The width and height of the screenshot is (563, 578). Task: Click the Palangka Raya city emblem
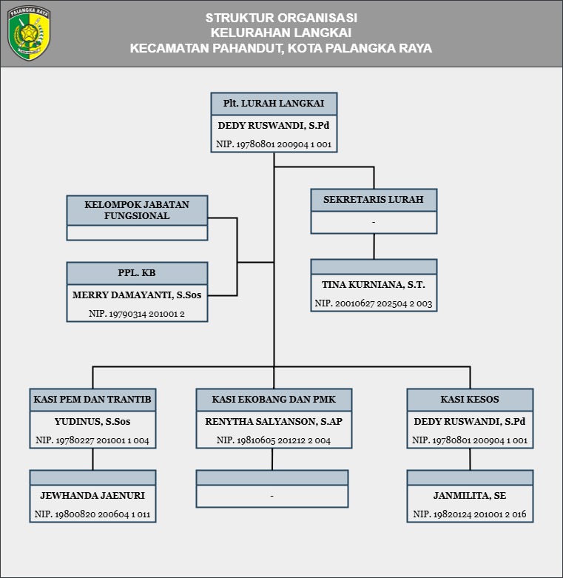click(x=29, y=33)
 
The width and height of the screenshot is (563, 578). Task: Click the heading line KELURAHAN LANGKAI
click(x=281, y=33)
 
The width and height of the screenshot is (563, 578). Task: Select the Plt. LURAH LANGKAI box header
click(x=274, y=104)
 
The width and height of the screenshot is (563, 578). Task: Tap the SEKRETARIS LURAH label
click(x=374, y=199)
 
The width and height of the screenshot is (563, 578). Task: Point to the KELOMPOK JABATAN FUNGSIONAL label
click(x=137, y=210)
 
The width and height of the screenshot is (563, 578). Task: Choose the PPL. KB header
click(x=137, y=273)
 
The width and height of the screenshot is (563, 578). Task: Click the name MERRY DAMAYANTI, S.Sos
click(x=137, y=295)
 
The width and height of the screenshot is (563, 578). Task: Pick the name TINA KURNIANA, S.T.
click(x=374, y=285)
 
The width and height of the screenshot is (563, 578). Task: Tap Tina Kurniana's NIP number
click(x=374, y=303)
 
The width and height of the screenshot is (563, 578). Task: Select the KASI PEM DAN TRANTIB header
click(x=92, y=399)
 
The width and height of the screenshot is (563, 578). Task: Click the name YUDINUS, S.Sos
click(x=92, y=421)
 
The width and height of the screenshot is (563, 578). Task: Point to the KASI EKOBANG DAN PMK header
click(x=274, y=399)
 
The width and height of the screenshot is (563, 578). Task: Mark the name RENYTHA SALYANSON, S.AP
click(x=274, y=421)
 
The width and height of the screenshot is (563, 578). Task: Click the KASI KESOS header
click(x=470, y=399)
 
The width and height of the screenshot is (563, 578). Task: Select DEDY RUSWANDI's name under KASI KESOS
click(x=470, y=421)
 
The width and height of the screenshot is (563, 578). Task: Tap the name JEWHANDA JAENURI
click(x=92, y=495)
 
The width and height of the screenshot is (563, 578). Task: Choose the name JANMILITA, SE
click(x=470, y=495)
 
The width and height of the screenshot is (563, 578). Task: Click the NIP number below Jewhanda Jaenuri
click(x=92, y=514)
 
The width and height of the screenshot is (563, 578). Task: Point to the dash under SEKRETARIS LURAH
click(x=374, y=222)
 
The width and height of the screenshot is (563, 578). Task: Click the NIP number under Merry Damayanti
click(x=137, y=314)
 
